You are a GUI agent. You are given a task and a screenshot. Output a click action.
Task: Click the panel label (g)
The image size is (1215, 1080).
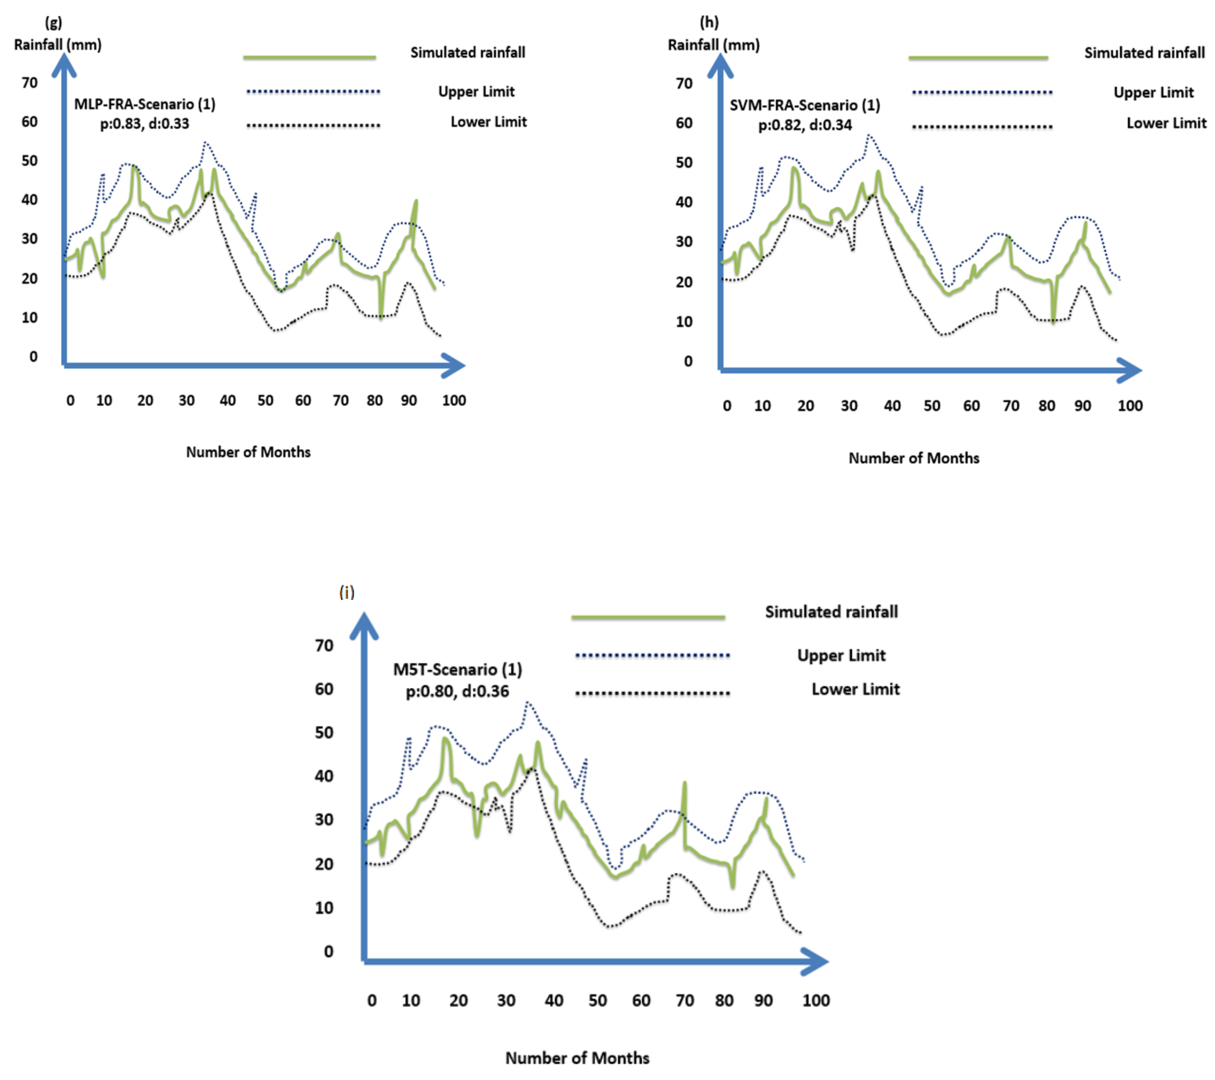point(54,23)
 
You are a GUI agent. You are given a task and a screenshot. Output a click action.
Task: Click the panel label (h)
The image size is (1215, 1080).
point(709,23)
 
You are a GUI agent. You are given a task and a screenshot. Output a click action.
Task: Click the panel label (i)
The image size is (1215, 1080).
point(346,592)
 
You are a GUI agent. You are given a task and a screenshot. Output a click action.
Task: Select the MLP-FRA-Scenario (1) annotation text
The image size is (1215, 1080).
point(144,104)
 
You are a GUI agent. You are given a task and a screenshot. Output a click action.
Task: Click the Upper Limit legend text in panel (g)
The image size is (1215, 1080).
point(476,92)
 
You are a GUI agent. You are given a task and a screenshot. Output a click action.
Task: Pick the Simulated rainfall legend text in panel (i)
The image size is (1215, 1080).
point(831,612)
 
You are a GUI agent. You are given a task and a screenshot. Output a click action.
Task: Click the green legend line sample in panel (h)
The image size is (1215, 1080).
point(978,58)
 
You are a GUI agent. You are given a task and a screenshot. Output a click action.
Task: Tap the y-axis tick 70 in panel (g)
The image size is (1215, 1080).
point(30,82)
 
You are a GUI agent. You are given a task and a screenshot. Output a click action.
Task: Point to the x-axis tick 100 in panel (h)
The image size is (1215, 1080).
point(1129,406)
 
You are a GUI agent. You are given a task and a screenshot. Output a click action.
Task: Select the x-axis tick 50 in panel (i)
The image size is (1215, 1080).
point(597,1000)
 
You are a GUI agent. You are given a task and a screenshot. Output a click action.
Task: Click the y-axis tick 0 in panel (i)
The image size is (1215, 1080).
point(328,952)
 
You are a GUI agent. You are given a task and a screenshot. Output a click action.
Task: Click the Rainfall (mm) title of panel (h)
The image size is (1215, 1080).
point(713,45)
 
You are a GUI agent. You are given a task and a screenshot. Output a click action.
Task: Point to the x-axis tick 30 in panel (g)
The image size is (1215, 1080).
point(187,401)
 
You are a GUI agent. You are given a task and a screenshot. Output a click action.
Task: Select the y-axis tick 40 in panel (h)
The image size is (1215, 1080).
point(684,202)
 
